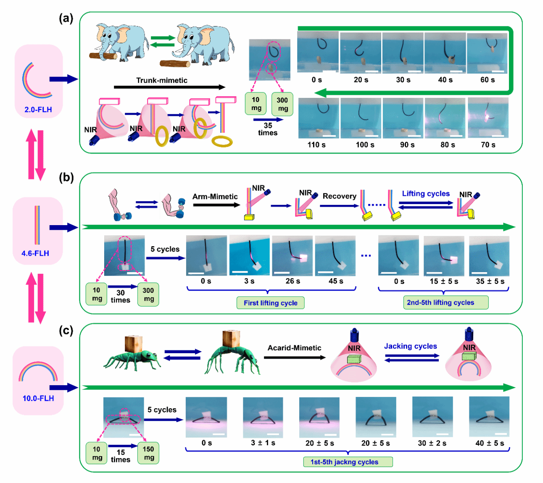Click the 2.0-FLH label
[x=38, y=110]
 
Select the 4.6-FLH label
[x=35, y=253]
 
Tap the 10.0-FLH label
[x=38, y=398]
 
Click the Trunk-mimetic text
[x=162, y=80]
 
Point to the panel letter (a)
[x=66, y=18]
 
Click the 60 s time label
[x=488, y=80]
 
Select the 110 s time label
[x=316, y=145]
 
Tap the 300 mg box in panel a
[x=282, y=104]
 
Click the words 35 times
[x=268, y=129]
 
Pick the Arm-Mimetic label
[x=215, y=197]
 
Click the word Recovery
[x=340, y=196]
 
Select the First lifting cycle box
[x=270, y=303]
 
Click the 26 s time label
[x=293, y=281]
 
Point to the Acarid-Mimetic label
[x=294, y=348]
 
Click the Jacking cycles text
[x=410, y=346]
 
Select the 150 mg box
[x=148, y=453]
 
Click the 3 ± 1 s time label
[x=263, y=443]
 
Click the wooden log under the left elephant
[x=103, y=56]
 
